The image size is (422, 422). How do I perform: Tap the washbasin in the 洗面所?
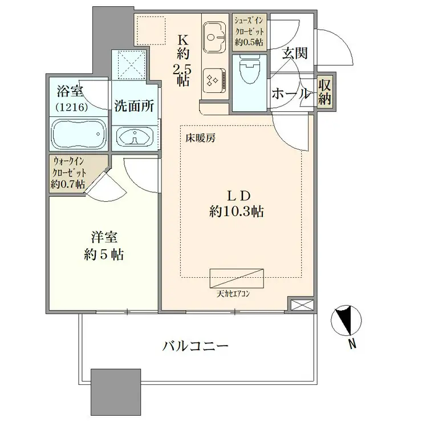[135, 137]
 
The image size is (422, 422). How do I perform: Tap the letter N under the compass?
[353, 343]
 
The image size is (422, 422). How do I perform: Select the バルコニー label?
[195, 346]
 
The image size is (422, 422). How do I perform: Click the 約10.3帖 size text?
[236, 212]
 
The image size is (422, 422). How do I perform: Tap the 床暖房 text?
[199, 137]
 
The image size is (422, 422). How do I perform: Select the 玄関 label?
[295, 54]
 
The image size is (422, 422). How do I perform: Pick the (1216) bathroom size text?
[71, 107]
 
